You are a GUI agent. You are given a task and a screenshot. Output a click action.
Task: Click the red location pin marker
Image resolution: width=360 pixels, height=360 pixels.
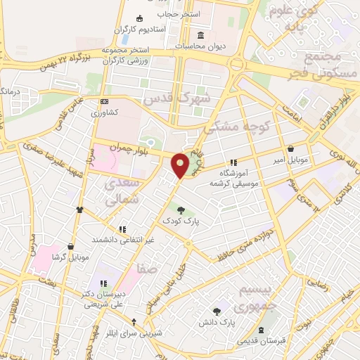(181, 165)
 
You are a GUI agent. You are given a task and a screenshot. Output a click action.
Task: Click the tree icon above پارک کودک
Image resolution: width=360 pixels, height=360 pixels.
(181, 209)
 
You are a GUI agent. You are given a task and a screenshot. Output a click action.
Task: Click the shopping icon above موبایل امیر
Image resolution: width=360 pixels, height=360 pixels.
(292, 148)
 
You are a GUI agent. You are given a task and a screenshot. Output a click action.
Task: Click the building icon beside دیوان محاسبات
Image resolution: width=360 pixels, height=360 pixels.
(200, 36)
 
